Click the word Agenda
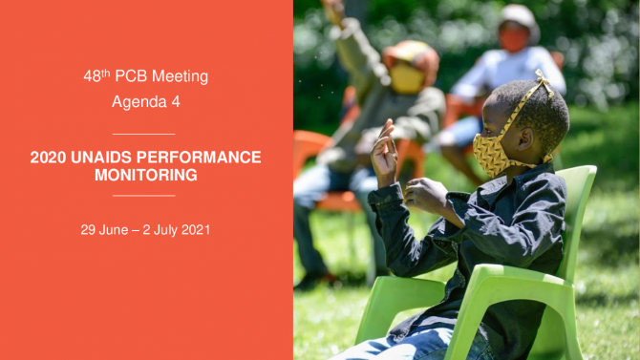pos(139,102)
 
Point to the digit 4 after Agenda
pos(176,101)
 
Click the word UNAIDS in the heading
pos(101,158)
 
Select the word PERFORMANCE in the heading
pos(199,158)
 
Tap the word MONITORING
pos(146,175)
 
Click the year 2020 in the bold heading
pos(48,158)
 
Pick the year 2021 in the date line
pos(196,230)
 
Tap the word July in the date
pos(165,230)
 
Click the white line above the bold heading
pos(143,134)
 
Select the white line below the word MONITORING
pos(143,196)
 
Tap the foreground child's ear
pos(525,138)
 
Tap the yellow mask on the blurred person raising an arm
pos(406,78)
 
